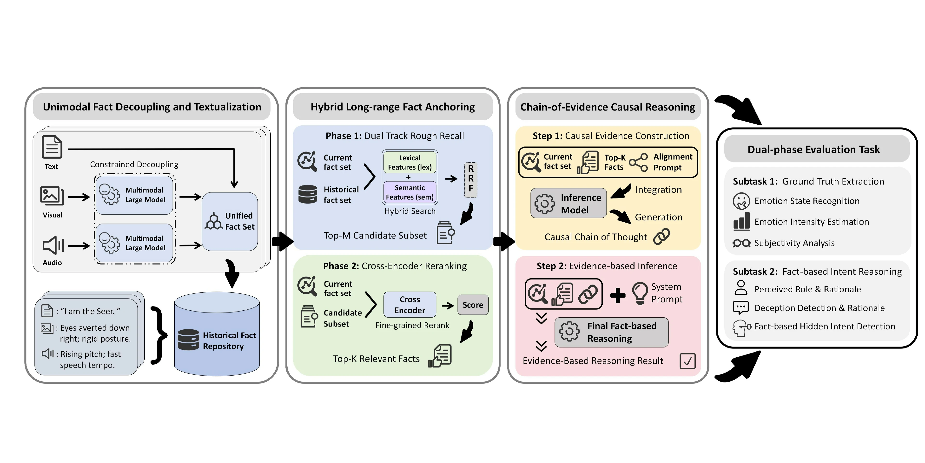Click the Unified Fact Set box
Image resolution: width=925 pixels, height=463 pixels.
[x=230, y=221]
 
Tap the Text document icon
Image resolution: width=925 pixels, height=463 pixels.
[x=52, y=147]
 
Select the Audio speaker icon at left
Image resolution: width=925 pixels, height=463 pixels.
[x=53, y=245]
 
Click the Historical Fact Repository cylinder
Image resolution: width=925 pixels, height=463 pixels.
[x=217, y=334]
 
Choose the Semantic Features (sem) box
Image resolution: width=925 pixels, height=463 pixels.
[x=410, y=192]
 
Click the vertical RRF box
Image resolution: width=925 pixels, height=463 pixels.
[x=470, y=179]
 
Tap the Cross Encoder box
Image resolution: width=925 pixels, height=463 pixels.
[x=410, y=305]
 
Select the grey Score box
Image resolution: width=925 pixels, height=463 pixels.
[x=473, y=305]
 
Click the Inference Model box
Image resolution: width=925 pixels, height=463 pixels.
[x=568, y=204]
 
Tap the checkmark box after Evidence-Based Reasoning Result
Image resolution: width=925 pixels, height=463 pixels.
[x=687, y=361]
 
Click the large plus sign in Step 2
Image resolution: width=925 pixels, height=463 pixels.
[x=618, y=295]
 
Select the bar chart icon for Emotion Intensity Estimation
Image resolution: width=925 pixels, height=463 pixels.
[x=741, y=221]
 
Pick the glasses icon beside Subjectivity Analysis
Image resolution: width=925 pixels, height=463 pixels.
[x=741, y=243]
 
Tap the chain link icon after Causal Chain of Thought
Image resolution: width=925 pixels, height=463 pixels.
[x=661, y=237]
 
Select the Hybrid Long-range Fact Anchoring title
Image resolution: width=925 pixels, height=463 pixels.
[x=392, y=107]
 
